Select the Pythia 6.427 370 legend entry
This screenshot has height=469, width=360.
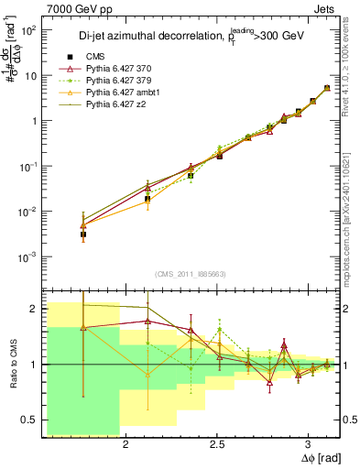(x=118, y=69)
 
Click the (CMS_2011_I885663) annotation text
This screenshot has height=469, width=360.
(x=191, y=273)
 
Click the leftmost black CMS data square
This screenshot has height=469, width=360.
(x=82, y=234)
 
